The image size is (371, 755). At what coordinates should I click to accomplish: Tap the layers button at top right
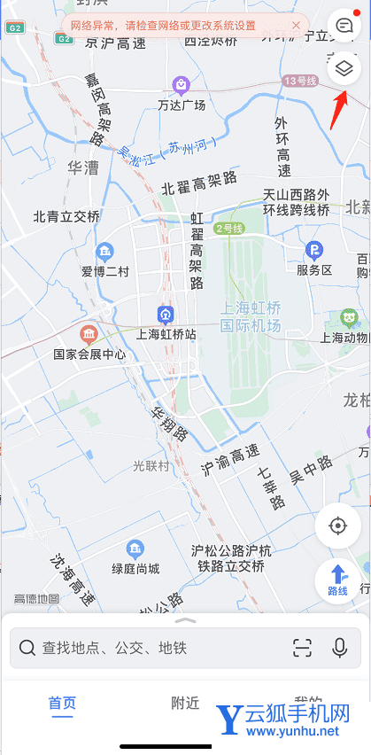click(344, 67)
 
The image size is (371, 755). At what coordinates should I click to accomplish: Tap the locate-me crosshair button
click(337, 525)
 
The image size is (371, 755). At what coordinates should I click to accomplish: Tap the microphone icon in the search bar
click(339, 648)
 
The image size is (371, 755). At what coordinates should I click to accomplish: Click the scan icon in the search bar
click(302, 648)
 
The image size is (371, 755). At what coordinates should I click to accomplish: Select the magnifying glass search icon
click(27, 649)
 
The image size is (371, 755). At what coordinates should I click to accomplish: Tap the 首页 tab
click(62, 703)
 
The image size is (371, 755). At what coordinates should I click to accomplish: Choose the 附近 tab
click(185, 703)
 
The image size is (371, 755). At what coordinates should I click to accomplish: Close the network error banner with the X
click(295, 26)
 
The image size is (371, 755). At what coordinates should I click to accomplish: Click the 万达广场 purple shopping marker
click(181, 85)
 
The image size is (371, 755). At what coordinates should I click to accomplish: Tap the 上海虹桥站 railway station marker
click(165, 315)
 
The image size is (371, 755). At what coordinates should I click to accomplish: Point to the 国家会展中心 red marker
click(89, 334)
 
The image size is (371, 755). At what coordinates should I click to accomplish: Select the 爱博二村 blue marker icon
click(105, 251)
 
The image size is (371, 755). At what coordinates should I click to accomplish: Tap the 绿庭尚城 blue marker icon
click(135, 549)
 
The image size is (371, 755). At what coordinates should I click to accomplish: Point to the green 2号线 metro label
click(228, 228)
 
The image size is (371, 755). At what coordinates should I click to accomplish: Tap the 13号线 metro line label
click(300, 81)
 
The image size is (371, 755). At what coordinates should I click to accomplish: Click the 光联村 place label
click(151, 465)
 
